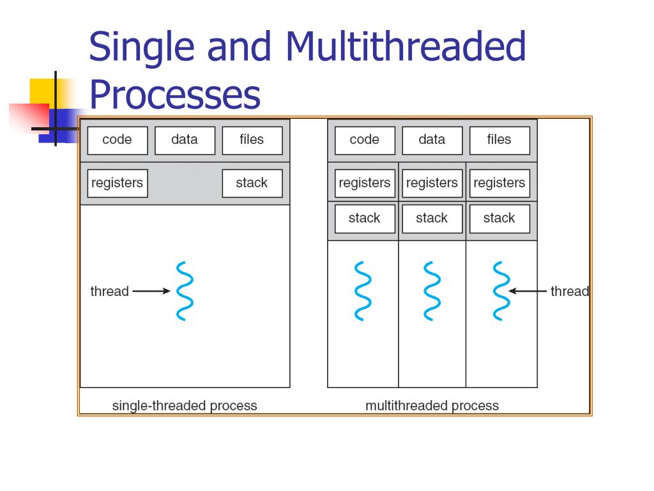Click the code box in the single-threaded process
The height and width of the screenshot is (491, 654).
[x=117, y=140]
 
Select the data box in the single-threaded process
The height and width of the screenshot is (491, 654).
[x=185, y=140]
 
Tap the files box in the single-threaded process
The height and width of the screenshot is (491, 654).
[x=252, y=140]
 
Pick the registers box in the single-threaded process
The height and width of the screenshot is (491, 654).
[x=117, y=183]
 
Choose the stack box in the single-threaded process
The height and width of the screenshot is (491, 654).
[x=252, y=183]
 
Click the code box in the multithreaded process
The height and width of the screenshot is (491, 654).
[x=365, y=140]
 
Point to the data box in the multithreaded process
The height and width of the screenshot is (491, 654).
[x=432, y=140]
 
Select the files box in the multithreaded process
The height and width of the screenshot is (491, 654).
[x=499, y=140]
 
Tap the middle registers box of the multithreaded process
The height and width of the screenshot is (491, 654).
[x=432, y=183]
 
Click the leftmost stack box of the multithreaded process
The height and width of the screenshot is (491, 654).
[x=365, y=219]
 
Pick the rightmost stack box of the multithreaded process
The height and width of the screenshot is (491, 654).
[x=499, y=219]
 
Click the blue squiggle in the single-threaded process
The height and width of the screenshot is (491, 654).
[x=185, y=291]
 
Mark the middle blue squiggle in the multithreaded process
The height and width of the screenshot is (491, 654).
[x=432, y=291]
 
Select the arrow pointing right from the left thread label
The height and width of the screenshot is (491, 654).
[x=151, y=292]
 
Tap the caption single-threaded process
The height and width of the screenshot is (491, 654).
[x=185, y=406]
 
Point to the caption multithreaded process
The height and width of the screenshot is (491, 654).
[x=432, y=406]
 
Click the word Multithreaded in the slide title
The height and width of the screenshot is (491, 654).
[x=406, y=47]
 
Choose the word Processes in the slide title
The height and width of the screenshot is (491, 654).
[x=174, y=95]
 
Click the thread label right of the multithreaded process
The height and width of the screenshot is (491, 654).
[x=569, y=292]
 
